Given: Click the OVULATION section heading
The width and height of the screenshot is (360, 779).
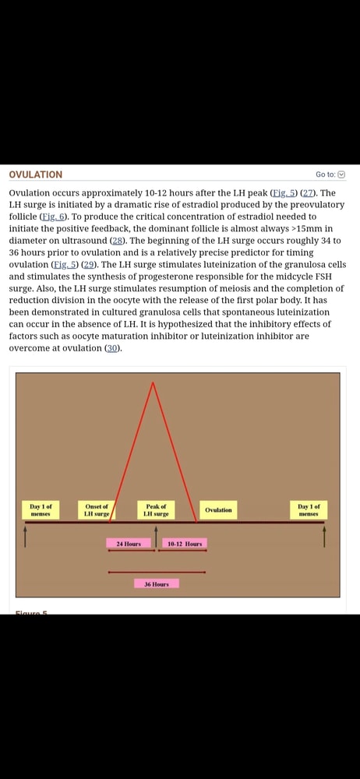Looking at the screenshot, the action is [36, 174].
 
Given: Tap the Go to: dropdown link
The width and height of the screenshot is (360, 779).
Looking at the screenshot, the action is [330, 174].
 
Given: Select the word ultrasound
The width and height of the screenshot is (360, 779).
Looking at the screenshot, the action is [86, 241].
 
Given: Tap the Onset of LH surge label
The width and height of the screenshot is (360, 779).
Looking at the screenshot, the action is [97, 510].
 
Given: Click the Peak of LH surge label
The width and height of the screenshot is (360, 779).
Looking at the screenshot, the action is [156, 510].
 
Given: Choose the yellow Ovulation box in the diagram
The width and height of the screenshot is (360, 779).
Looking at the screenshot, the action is [218, 510].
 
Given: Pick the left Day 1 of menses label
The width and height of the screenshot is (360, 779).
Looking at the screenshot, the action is [41, 510].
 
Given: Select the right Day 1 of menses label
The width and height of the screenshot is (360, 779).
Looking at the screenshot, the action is [309, 510].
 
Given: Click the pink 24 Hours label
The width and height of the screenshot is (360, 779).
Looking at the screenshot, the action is [129, 544].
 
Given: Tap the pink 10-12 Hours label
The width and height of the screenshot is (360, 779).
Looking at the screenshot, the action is [185, 544].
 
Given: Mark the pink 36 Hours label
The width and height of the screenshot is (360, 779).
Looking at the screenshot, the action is [157, 584].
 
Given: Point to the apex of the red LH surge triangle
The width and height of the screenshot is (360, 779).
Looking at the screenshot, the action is [154, 382].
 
